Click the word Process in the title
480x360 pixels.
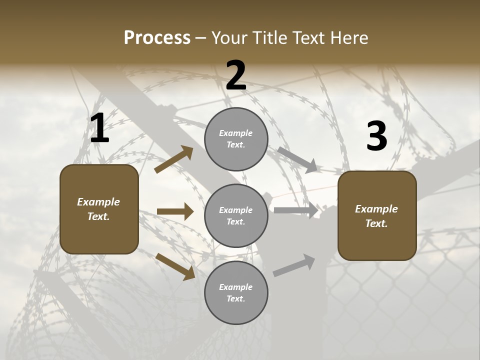point(157,38)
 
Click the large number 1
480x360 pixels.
point(99,128)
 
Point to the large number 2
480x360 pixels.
point(236,76)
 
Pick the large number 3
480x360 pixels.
point(376,136)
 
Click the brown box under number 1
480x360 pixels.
point(99,209)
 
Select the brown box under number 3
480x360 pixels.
point(377,216)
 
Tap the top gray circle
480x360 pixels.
point(236,139)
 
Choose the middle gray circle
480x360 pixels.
point(236,215)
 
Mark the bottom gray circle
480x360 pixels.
point(236,292)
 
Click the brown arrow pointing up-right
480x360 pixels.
point(174,159)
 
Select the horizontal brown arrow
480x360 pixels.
point(175,211)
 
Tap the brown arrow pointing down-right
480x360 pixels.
point(175,266)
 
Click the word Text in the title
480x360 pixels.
point(308,38)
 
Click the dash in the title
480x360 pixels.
point(201,38)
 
